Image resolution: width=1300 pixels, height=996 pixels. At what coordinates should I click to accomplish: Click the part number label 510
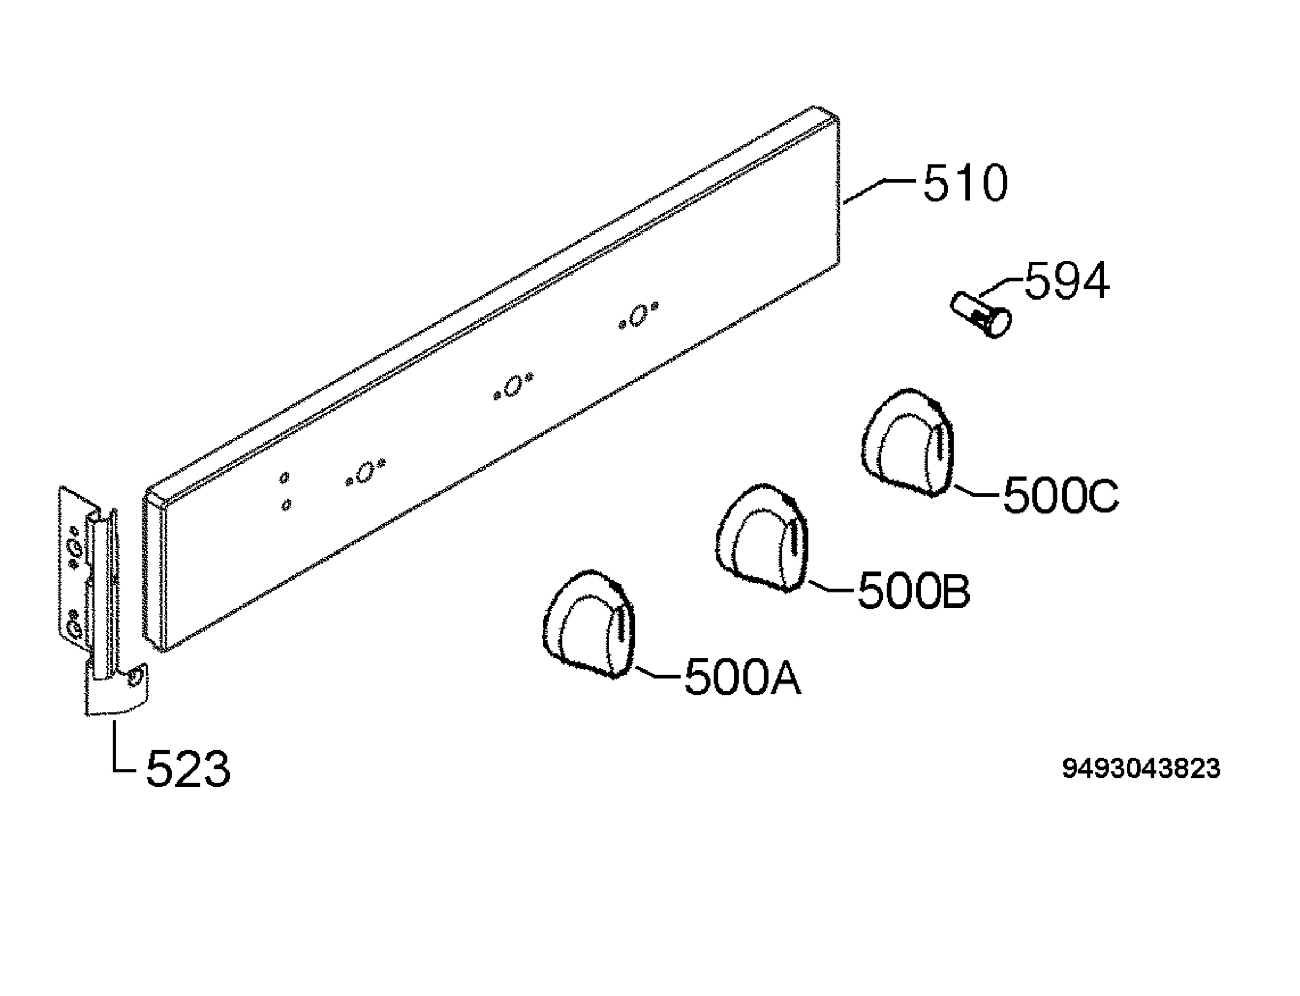[965, 183]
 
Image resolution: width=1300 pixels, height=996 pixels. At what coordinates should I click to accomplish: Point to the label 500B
[913, 590]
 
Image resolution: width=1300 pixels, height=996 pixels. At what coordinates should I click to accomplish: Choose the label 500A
[742, 678]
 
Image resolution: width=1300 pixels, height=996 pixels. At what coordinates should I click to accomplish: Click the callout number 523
[188, 769]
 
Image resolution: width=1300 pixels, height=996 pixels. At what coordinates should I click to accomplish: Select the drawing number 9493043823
[1141, 769]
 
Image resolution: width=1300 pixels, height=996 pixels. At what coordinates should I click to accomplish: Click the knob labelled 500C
[907, 442]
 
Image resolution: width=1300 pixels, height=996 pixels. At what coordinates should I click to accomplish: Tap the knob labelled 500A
[589, 624]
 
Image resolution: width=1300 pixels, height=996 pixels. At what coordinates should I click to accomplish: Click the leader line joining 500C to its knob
[976, 490]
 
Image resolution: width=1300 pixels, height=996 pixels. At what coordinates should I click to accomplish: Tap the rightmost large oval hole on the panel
[638, 315]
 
